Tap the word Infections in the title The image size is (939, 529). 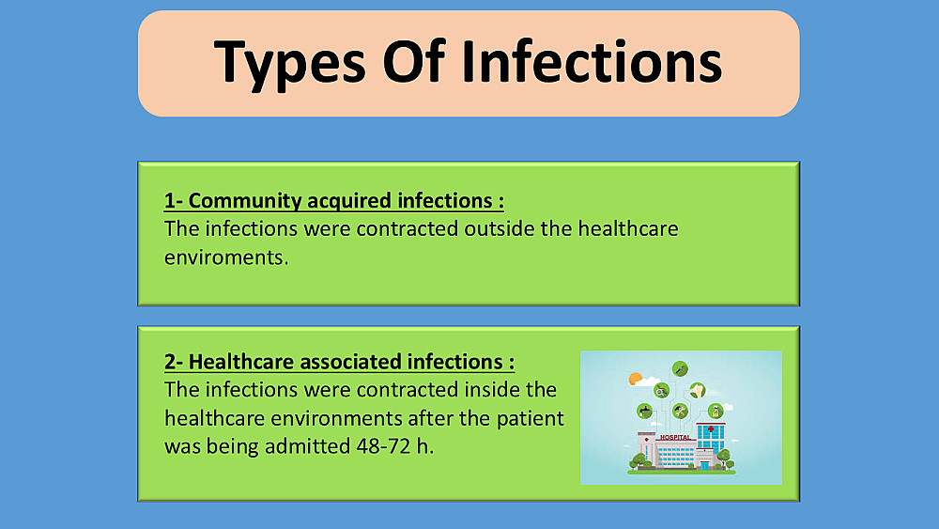(x=592, y=61)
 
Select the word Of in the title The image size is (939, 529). (x=414, y=61)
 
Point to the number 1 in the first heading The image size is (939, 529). (x=169, y=201)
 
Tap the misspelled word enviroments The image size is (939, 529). (x=226, y=257)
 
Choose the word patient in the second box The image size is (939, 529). (x=530, y=418)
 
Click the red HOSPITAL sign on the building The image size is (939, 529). (x=675, y=437)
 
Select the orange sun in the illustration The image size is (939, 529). (x=635, y=379)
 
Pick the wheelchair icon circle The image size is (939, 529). (x=661, y=391)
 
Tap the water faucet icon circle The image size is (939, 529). (x=644, y=411)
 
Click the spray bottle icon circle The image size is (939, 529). (x=716, y=411)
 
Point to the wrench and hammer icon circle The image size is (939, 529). (x=680, y=411)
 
